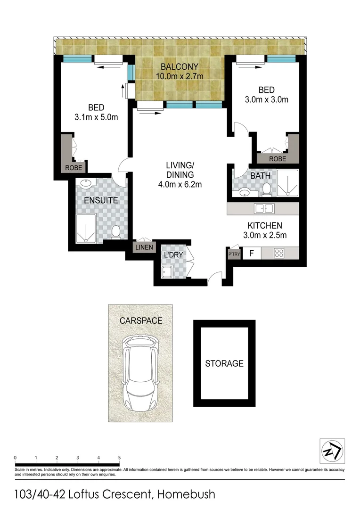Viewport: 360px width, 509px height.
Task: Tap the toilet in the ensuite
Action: pyautogui.click(x=115, y=231)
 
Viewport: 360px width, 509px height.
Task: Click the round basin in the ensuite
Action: pyautogui.click(x=86, y=184)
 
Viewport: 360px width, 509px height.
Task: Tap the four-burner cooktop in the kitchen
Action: pyautogui.click(x=279, y=253)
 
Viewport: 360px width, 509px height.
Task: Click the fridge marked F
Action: pyautogui.click(x=252, y=253)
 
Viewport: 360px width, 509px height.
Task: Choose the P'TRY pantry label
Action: pyautogui.click(x=234, y=254)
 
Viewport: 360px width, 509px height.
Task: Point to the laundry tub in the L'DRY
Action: pyautogui.click(x=167, y=272)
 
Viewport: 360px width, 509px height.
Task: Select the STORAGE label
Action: pyautogui.click(x=224, y=363)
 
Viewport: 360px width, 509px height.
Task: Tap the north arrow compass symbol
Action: pyautogui.click(x=332, y=451)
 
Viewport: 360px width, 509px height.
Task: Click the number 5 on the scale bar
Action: pyautogui.click(x=120, y=458)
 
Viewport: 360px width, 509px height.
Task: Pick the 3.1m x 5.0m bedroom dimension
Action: pyautogui.click(x=96, y=117)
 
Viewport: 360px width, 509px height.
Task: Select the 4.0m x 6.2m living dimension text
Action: pyautogui.click(x=180, y=184)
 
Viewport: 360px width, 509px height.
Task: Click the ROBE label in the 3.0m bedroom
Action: pyautogui.click(x=277, y=159)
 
